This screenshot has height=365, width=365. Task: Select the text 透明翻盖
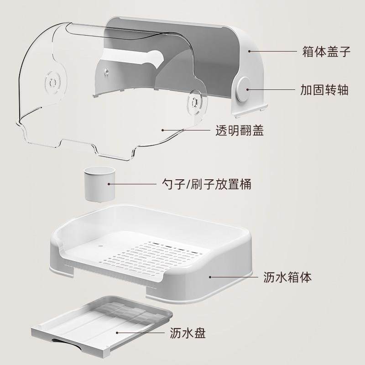[x=240, y=131]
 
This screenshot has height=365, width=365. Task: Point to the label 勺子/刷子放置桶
[x=202, y=184]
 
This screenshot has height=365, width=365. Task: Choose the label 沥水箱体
[x=288, y=276]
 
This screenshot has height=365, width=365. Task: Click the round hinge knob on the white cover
[x=244, y=89]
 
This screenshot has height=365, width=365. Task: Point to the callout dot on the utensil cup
[x=109, y=184]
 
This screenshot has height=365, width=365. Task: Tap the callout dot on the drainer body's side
[x=210, y=276]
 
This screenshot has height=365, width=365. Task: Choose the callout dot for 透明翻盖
[x=163, y=131]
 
